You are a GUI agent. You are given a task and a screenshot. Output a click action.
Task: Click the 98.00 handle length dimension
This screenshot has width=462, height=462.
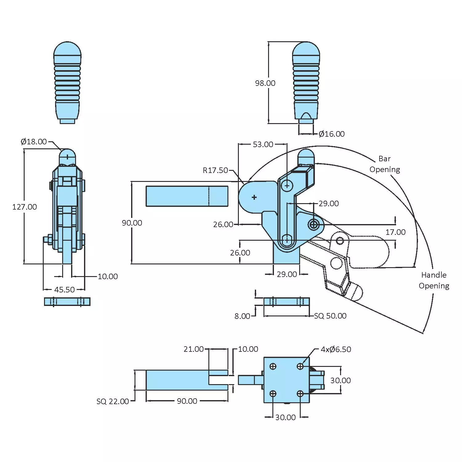click(x=265, y=83)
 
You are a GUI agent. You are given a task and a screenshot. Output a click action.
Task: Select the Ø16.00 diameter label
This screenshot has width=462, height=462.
click(x=331, y=134)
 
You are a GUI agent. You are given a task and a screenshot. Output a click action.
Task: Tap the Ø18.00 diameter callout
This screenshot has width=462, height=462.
click(x=34, y=142)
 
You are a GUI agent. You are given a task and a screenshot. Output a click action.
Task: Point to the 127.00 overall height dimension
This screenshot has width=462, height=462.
click(x=24, y=207)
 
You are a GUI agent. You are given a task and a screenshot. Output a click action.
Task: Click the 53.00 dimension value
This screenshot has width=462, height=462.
click(x=263, y=144)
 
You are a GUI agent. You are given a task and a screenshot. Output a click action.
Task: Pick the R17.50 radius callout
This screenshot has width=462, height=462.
click(x=215, y=170)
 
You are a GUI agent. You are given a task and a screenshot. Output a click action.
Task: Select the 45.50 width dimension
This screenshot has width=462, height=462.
click(x=64, y=290)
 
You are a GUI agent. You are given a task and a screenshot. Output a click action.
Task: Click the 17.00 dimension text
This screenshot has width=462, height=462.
click(x=395, y=232)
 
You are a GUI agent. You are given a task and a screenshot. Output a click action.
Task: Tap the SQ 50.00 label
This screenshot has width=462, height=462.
click(x=330, y=316)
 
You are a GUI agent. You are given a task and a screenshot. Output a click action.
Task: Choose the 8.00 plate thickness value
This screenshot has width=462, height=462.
click(x=242, y=316)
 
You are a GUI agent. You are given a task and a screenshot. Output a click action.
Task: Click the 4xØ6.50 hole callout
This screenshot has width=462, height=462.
click(x=335, y=349)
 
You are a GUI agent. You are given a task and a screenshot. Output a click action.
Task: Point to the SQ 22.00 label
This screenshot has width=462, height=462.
click(x=113, y=401)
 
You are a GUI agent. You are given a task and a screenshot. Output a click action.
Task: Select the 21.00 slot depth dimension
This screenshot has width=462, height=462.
click(x=193, y=349)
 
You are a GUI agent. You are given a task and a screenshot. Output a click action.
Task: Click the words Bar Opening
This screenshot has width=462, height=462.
click(x=385, y=164)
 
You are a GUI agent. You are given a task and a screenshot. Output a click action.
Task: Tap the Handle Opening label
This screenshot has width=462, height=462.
click(x=434, y=280)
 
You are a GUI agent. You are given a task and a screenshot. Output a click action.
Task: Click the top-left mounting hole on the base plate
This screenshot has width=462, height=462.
click(x=273, y=366)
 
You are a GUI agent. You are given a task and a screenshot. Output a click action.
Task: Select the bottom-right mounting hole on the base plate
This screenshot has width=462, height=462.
click(x=300, y=394)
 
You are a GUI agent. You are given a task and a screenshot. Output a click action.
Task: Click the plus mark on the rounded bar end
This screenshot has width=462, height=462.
click(x=254, y=197)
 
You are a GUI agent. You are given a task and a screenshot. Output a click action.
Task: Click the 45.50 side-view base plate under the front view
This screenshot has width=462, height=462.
click(x=67, y=302)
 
